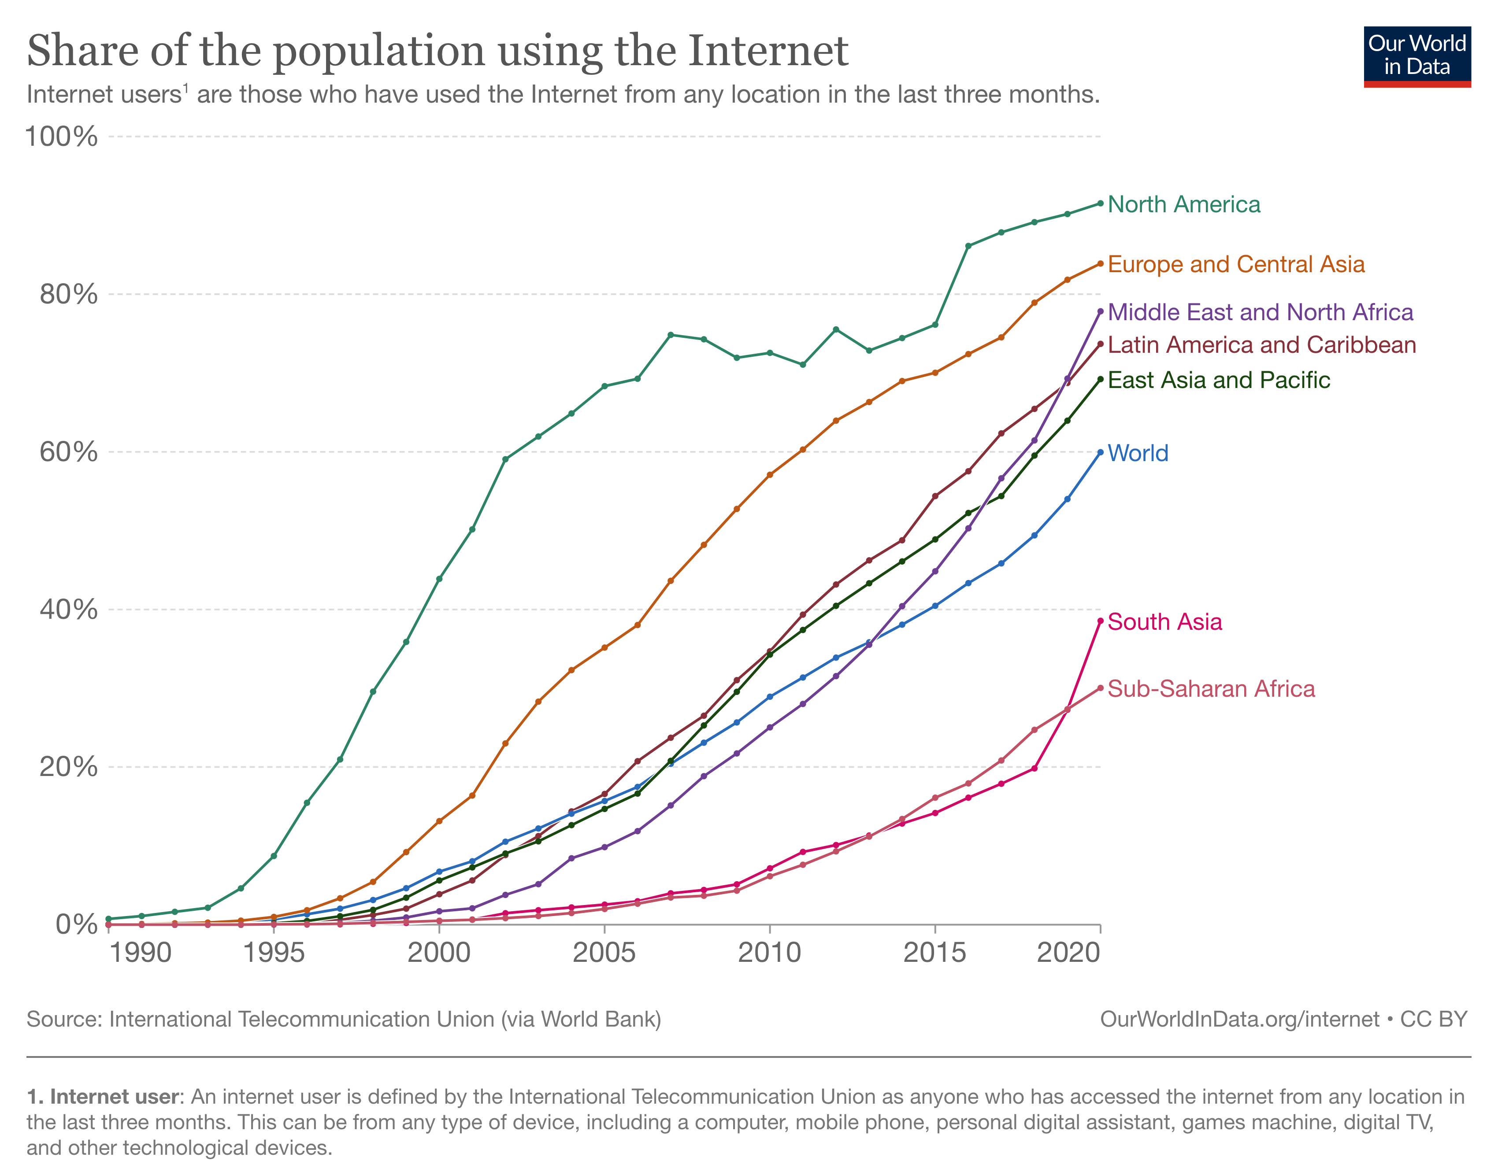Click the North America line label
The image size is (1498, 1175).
[x=1183, y=204]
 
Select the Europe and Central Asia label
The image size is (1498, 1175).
[x=1236, y=264]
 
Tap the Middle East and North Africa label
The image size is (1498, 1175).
[x=1260, y=312]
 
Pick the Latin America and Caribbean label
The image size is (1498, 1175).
[x=1261, y=345]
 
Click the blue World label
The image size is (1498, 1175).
[x=1138, y=453]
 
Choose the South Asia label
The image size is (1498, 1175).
[x=1164, y=622]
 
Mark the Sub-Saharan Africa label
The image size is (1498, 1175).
[x=1211, y=689]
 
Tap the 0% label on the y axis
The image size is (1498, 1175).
[x=76, y=924]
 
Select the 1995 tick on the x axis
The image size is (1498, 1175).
[x=274, y=953]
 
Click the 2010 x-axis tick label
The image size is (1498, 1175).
[x=769, y=953]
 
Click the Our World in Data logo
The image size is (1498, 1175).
[x=1417, y=56]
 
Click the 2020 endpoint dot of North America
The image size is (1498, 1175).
[x=1100, y=203]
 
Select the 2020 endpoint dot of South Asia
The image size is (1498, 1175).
[x=1100, y=621]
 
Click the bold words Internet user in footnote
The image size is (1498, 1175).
[x=114, y=1097]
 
